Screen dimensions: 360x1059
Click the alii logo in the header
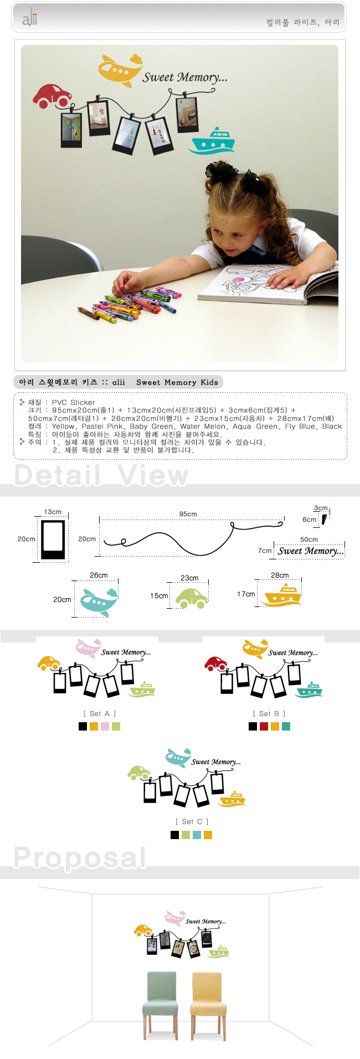(30, 19)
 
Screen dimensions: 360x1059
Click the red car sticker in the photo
(52, 95)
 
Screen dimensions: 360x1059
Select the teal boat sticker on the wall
(212, 140)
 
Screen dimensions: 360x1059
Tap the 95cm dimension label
(188, 514)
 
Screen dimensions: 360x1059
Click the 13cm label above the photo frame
(53, 512)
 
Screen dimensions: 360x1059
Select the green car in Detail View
(192, 598)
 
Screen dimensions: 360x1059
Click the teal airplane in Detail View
(99, 602)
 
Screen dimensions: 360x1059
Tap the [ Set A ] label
(100, 713)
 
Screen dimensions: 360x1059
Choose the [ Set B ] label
(269, 713)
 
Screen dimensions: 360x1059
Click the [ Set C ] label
(192, 821)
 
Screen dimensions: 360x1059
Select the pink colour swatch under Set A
(105, 726)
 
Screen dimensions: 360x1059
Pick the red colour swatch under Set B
(264, 726)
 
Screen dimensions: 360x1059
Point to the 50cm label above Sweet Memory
(309, 539)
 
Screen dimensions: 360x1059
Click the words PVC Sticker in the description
(74, 402)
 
